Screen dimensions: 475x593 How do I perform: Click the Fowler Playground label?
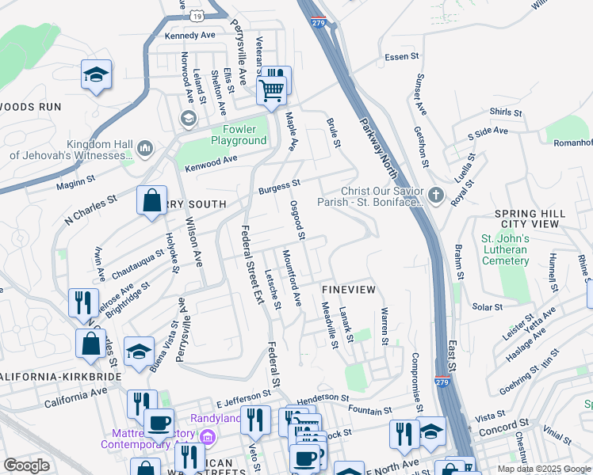[x=239, y=135]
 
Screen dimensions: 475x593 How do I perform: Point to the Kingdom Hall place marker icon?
[x=145, y=148]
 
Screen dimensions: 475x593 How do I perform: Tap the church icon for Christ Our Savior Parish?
[x=435, y=195]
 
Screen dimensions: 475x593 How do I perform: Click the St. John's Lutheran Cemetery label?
[x=504, y=249]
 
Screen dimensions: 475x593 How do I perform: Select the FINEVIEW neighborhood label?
[x=348, y=290]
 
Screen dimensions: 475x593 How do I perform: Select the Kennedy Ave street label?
[x=189, y=36]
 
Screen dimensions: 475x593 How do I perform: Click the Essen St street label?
[x=401, y=56]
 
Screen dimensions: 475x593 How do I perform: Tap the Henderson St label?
[x=323, y=397]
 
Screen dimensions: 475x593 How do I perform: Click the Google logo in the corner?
[x=26, y=465]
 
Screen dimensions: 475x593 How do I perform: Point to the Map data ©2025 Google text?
[x=544, y=469]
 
